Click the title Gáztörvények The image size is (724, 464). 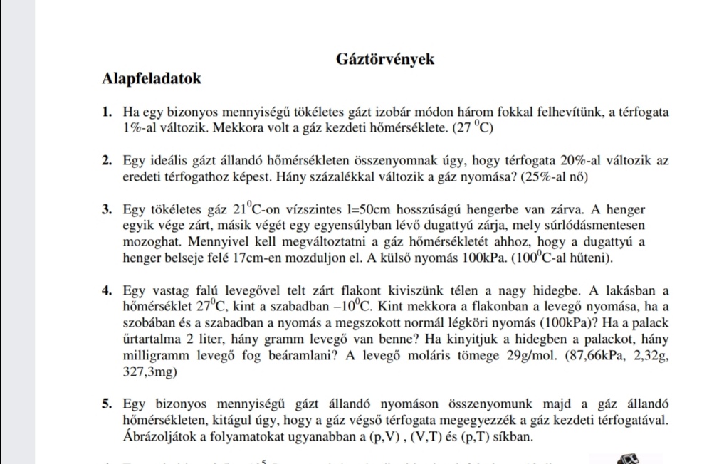tap(384, 60)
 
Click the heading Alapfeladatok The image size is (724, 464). tap(152, 78)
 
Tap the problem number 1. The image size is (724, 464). tap(107, 112)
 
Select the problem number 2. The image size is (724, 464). tap(107, 161)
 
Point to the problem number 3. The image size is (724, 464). tap(107, 210)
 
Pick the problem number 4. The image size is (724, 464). tap(107, 290)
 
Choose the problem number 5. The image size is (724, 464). tap(107, 404)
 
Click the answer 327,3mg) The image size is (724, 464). tap(148, 371)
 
